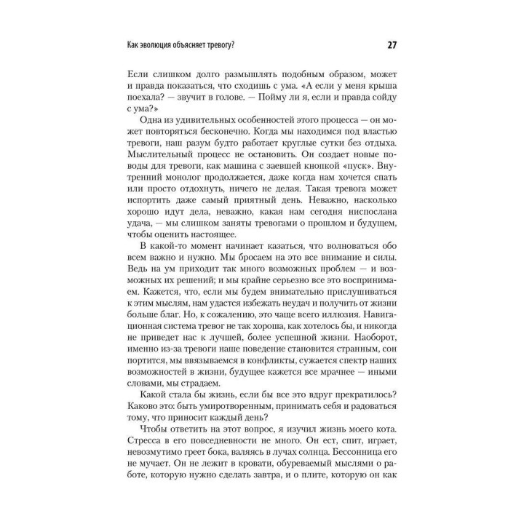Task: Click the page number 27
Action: pos(392,46)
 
